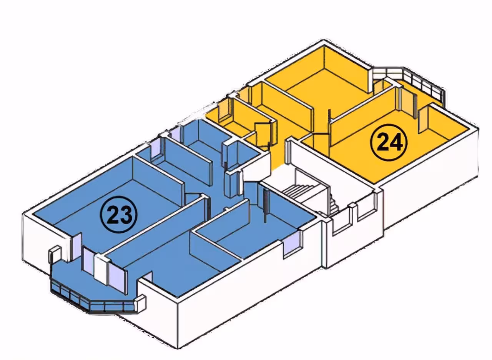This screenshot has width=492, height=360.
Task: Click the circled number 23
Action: tap(119, 214)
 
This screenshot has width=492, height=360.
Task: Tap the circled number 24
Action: tap(389, 142)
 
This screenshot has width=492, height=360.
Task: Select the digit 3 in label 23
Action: tap(127, 215)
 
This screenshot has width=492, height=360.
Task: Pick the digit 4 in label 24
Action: tap(397, 142)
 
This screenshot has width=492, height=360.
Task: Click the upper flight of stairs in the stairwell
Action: tap(299, 191)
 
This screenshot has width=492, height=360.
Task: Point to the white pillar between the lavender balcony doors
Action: tap(101, 270)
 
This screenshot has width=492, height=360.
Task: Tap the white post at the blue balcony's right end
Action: tap(140, 303)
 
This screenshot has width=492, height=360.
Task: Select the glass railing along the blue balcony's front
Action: tap(92, 300)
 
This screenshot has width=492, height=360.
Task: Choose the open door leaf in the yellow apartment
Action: tap(263, 135)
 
